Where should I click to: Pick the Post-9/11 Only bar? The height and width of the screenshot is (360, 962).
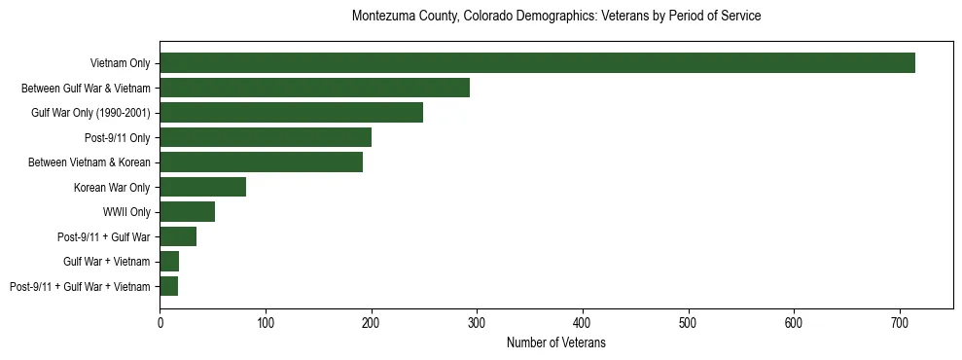click(266, 137)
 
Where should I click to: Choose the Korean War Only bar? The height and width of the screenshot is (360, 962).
click(202, 187)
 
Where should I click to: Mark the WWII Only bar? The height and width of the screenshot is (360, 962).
click(187, 212)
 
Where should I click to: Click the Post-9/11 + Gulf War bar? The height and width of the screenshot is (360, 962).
click(178, 236)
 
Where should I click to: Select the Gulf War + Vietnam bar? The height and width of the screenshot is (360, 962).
click(169, 262)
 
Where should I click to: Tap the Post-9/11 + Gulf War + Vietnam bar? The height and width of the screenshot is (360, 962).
click(168, 286)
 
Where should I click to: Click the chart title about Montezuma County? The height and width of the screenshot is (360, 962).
click(556, 17)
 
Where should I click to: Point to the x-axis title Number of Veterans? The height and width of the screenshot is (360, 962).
click(556, 342)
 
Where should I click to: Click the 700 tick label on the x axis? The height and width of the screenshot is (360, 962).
click(794, 321)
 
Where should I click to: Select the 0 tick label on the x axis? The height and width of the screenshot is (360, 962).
click(160, 321)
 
